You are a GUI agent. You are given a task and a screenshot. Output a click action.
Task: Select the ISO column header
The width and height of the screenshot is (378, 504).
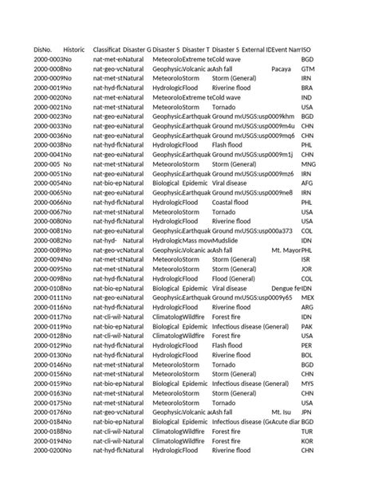(x=307, y=49)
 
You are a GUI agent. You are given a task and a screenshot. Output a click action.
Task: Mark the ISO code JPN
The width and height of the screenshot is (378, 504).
(x=307, y=411)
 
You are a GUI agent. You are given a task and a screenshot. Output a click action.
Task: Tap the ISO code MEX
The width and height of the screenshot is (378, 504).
(x=308, y=297)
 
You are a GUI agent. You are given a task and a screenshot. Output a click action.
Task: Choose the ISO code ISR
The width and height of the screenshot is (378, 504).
(x=306, y=259)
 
